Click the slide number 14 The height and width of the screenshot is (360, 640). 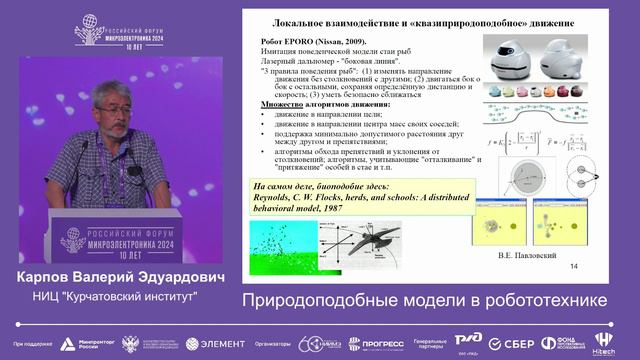573,266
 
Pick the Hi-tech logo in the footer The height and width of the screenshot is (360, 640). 603,342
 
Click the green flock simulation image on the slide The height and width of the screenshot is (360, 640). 283,241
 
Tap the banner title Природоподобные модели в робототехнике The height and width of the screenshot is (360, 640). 424,300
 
